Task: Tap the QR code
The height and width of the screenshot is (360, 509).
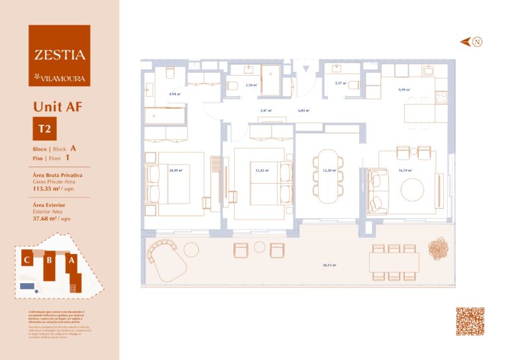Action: (x=470, y=322)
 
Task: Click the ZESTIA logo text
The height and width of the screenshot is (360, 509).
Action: (x=56, y=55)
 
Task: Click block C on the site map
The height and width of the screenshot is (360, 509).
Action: (x=27, y=260)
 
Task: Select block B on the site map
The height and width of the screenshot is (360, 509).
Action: (x=48, y=261)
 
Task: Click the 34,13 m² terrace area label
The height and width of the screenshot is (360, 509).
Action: (x=329, y=265)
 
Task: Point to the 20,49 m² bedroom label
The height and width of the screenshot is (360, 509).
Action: (x=175, y=170)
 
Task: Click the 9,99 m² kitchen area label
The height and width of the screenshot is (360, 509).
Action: (x=404, y=90)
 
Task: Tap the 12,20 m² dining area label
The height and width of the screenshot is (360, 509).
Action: (x=329, y=170)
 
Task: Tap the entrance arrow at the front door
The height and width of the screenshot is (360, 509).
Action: (x=306, y=68)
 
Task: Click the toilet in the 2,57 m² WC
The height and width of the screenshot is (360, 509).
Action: (x=353, y=84)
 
